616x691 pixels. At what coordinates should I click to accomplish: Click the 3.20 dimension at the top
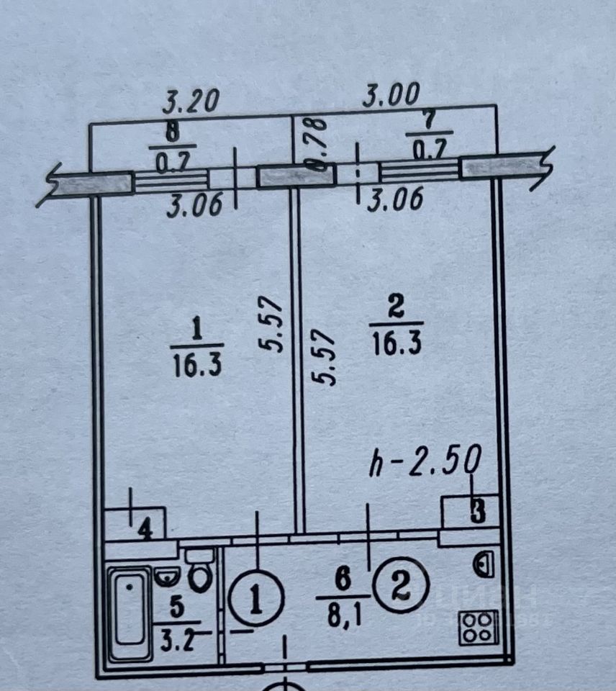[190, 101]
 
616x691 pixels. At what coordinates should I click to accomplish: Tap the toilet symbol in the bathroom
[199, 572]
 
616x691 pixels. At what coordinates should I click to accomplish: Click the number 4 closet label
[145, 531]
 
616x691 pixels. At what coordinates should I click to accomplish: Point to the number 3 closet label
[478, 512]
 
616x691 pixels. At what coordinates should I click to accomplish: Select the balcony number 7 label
[430, 121]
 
